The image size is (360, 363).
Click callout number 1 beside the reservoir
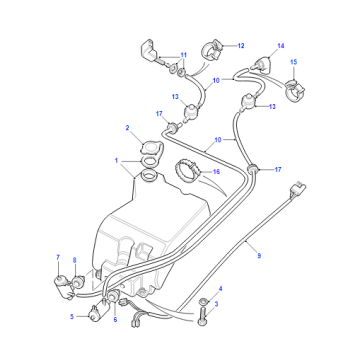point(116,161)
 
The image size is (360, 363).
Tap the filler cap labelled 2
point(152,147)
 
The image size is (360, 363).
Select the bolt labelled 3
point(204,315)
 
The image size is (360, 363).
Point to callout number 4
point(220,288)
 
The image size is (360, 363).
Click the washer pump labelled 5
point(97,311)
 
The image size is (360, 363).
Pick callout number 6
point(115,319)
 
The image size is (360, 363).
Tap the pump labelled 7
point(63,286)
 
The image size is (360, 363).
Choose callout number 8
point(74,260)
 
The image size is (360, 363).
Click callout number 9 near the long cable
point(259,256)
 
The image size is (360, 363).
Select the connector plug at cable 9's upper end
point(299,188)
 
